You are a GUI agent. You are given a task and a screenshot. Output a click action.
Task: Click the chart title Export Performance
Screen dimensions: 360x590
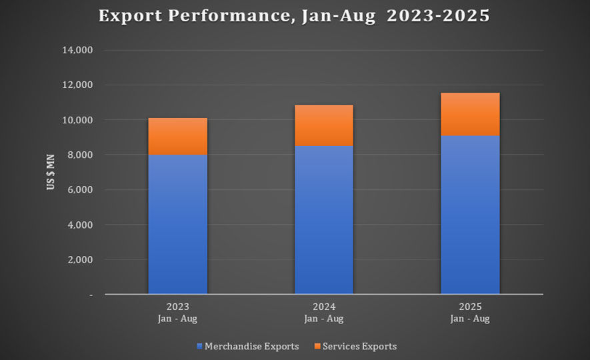[x=294, y=16]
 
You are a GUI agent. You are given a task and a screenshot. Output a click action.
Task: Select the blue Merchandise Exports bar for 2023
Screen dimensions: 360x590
[x=177, y=224]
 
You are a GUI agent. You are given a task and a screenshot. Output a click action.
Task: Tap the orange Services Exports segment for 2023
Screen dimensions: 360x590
[x=177, y=136]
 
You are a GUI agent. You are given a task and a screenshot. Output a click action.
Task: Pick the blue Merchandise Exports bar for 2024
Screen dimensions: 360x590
[x=323, y=220]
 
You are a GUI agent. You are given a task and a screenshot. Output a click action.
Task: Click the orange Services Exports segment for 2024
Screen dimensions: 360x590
[x=323, y=125]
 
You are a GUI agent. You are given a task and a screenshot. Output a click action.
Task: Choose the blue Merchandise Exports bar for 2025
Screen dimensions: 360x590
[x=470, y=215]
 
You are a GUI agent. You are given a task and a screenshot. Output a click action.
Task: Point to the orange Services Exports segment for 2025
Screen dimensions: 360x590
[x=470, y=114]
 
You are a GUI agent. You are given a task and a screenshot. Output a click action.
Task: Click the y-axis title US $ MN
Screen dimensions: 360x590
[x=51, y=172]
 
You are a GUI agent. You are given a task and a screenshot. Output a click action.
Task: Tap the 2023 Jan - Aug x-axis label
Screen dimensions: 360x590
[x=177, y=313]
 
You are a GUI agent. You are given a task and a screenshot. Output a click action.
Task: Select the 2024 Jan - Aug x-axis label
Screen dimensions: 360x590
[x=323, y=313]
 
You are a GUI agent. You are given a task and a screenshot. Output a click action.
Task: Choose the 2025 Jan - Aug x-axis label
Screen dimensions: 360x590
[x=470, y=313]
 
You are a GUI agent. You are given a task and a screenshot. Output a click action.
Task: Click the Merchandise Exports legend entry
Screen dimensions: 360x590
[x=247, y=347]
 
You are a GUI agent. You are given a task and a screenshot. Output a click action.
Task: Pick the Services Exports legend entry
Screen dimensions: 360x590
[x=354, y=347]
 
